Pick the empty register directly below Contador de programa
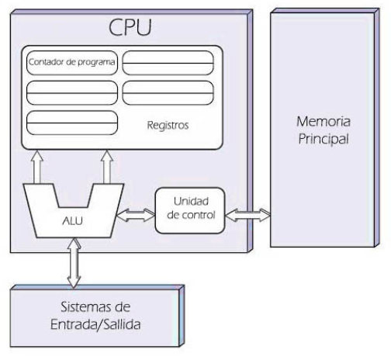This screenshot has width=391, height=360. (x=71, y=92)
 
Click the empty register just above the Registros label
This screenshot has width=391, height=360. (x=168, y=92)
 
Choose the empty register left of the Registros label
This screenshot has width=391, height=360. (x=71, y=123)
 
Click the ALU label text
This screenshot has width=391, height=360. (x=71, y=220)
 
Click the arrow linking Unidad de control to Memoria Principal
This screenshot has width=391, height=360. (x=247, y=210)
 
